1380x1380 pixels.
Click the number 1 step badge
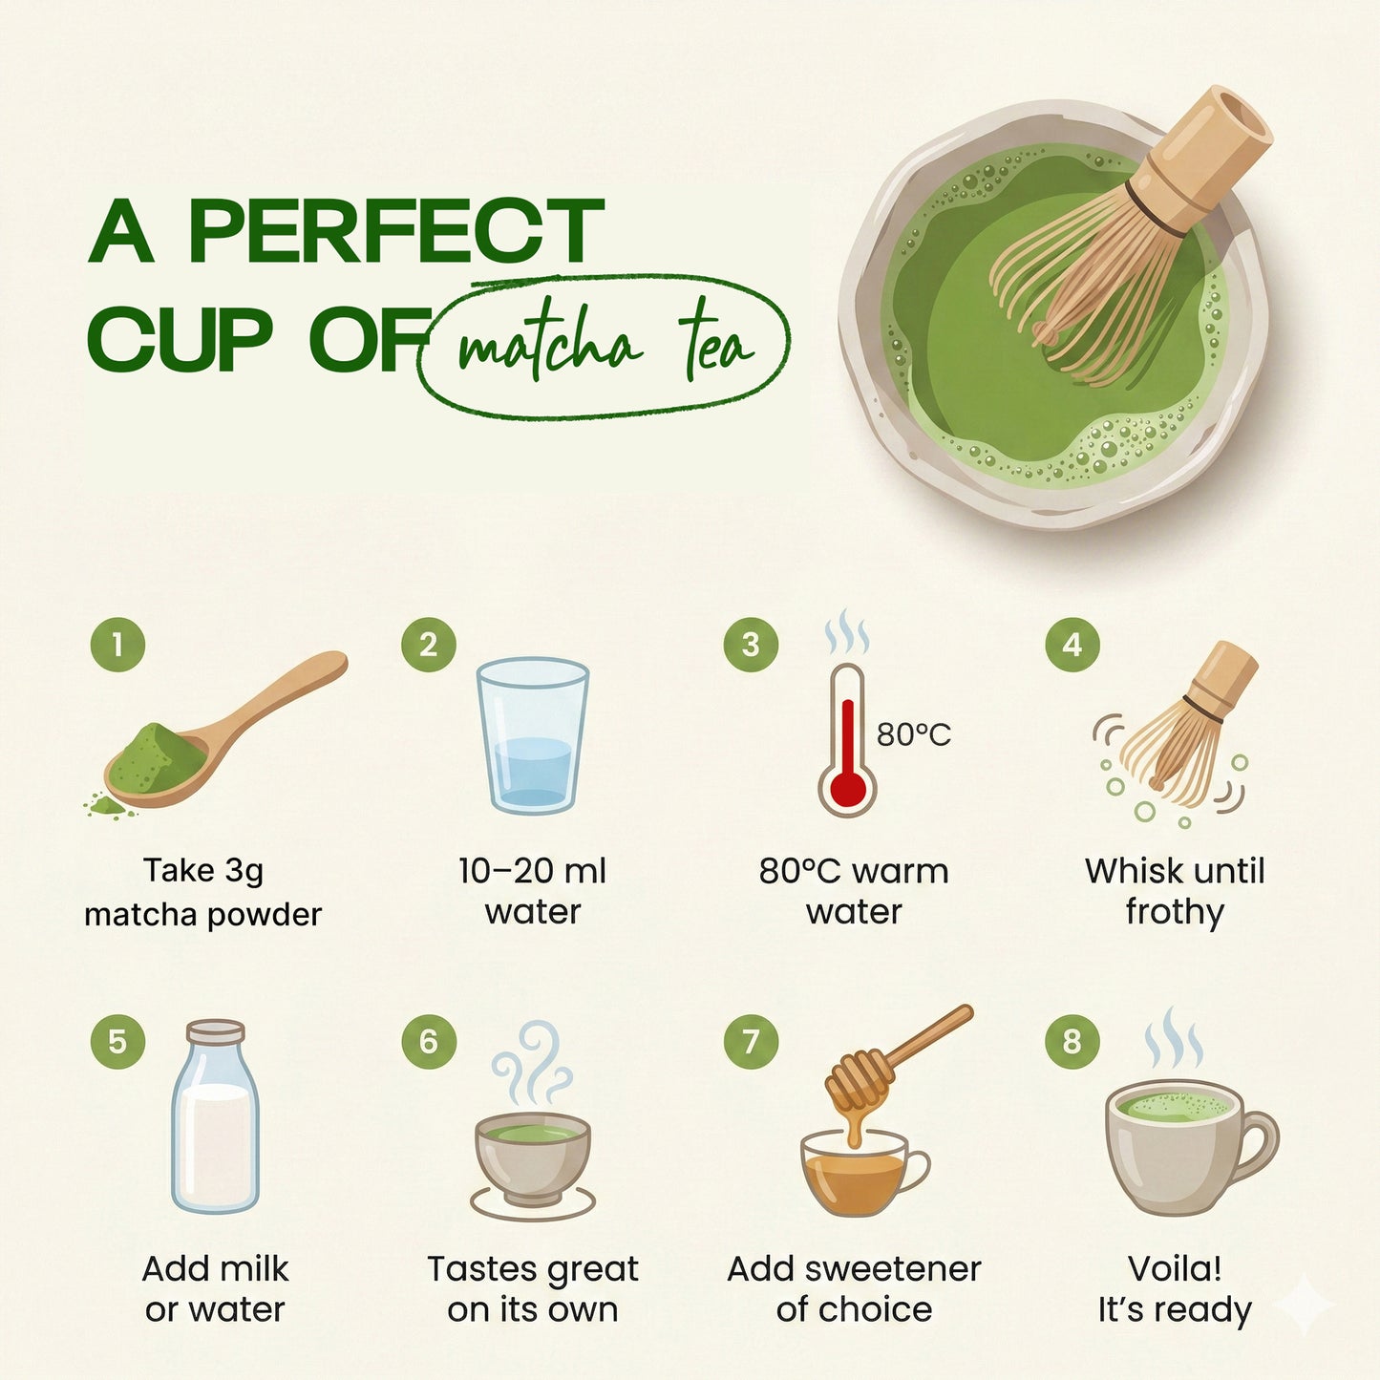[117, 646]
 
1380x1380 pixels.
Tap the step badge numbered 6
[429, 1041]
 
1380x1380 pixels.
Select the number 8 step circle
[1072, 1041]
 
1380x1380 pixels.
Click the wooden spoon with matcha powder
[220, 735]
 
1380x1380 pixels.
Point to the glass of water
[532, 735]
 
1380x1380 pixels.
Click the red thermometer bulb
[846, 790]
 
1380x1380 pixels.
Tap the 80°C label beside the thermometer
[914, 734]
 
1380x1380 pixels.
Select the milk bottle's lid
[216, 1032]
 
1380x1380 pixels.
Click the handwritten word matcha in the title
[548, 347]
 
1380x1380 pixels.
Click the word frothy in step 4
[1175, 912]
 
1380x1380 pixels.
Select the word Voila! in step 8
[1175, 1268]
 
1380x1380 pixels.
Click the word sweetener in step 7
[892, 1268]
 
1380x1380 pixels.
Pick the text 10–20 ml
[532, 871]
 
